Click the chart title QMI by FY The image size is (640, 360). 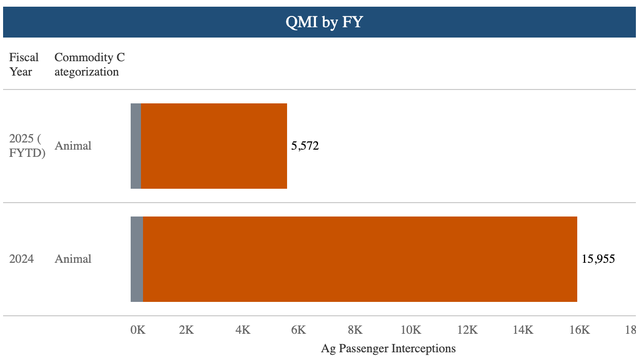[x=320, y=20]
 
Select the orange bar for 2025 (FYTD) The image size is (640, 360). [x=214, y=146]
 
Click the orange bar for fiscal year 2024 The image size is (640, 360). [x=360, y=259]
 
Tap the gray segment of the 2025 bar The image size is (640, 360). [x=136, y=146]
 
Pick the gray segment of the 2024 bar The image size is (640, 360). [x=137, y=259]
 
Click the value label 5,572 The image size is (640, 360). [x=305, y=146]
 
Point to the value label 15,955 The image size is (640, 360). [x=600, y=259]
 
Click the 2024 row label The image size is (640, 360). [x=22, y=259]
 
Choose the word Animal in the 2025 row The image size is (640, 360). [x=73, y=146]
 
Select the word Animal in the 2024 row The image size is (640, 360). [x=73, y=259]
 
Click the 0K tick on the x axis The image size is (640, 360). [x=138, y=329]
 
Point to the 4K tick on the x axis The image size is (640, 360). [x=243, y=329]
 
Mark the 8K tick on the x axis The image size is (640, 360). [x=354, y=329]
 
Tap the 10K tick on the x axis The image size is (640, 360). [x=410, y=329]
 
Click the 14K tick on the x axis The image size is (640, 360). [x=521, y=329]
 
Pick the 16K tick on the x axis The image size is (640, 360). [x=577, y=329]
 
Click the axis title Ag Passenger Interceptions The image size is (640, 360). [x=388, y=348]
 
